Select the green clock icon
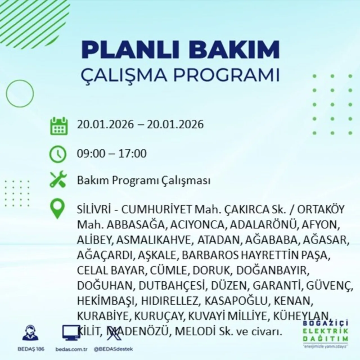[x=58, y=154]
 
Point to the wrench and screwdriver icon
[x=58, y=180]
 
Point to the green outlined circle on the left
[x=20, y=93]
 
